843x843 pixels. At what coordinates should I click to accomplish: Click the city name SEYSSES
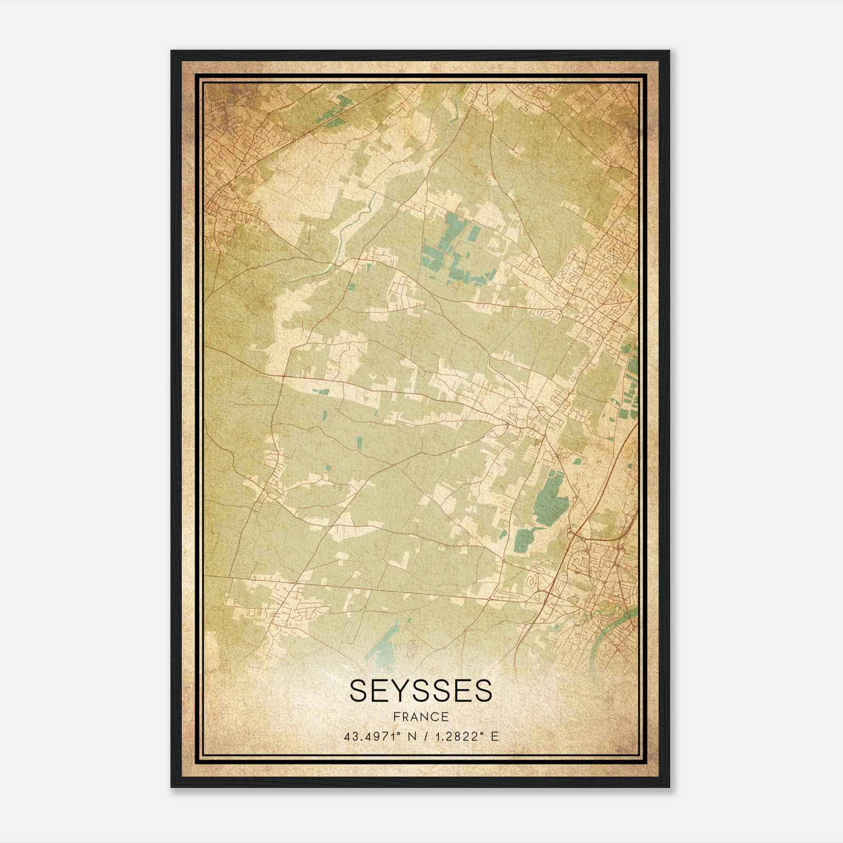point(420,691)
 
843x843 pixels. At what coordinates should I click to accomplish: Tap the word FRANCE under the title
point(420,717)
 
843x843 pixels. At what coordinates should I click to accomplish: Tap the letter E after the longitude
point(494,737)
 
